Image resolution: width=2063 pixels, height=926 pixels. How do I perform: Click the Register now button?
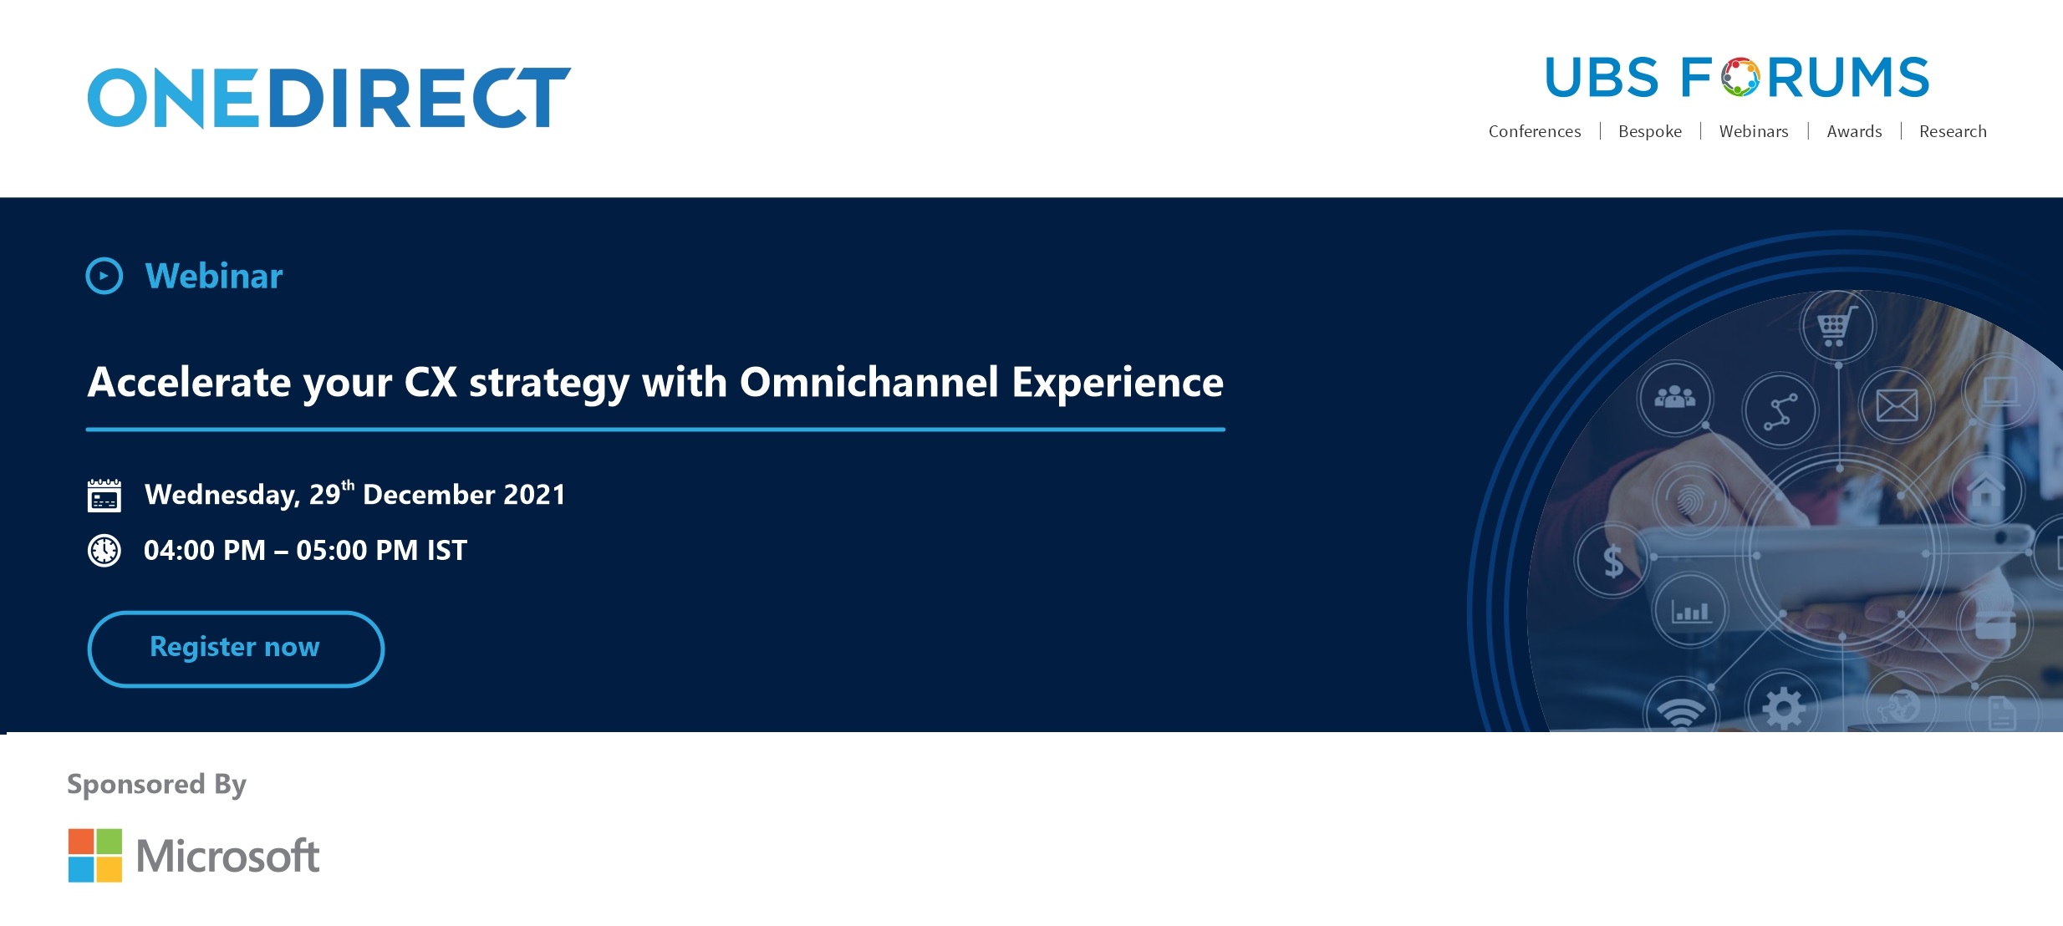pyautogui.click(x=236, y=649)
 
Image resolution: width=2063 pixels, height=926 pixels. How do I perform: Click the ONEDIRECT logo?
pyautogui.click(x=329, y=98)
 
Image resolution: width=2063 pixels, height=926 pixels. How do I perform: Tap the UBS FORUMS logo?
pyautogui.click(x=1737, y=77)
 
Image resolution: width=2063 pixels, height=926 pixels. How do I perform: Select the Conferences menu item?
pyautogui.click(x=1535, y=131)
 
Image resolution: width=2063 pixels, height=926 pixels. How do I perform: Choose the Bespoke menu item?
pyautogui.click(x=1650, y=131)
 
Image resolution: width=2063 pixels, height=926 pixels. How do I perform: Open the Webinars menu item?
pyautogui.click(x=1754, y=131)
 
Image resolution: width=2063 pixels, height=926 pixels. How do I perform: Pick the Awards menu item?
pyautogui.click(x=1854, y=131)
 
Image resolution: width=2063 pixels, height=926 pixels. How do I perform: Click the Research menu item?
pyautogui.click(x=1953, y=131)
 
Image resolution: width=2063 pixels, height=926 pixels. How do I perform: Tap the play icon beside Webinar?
pyautogui.click(x=104, y=276)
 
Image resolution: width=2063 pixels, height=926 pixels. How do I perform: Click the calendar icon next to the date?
pyautogui.click(x=104, y=495)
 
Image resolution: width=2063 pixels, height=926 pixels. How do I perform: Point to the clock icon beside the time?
pyautogui.click(x=104, y=551)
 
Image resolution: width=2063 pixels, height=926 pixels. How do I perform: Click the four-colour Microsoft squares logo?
pyautogui.click(x=95, y=855)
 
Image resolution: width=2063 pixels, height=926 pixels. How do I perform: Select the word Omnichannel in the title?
pyautogui.click(x=869, y=382)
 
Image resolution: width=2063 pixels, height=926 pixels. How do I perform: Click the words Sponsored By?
pyautogui.click(x=156, y=785)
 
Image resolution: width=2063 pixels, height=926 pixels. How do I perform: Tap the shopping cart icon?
pyautogui.click(x=1837, y=326)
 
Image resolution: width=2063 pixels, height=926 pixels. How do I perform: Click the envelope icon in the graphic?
pyautogui.click(x=1897, y=406)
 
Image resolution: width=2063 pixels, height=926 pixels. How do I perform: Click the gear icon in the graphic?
pyautogui.click(x=1784, y=708)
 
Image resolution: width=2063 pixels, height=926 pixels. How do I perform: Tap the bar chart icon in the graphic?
pyautogui.click(x=1690, y=612)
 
